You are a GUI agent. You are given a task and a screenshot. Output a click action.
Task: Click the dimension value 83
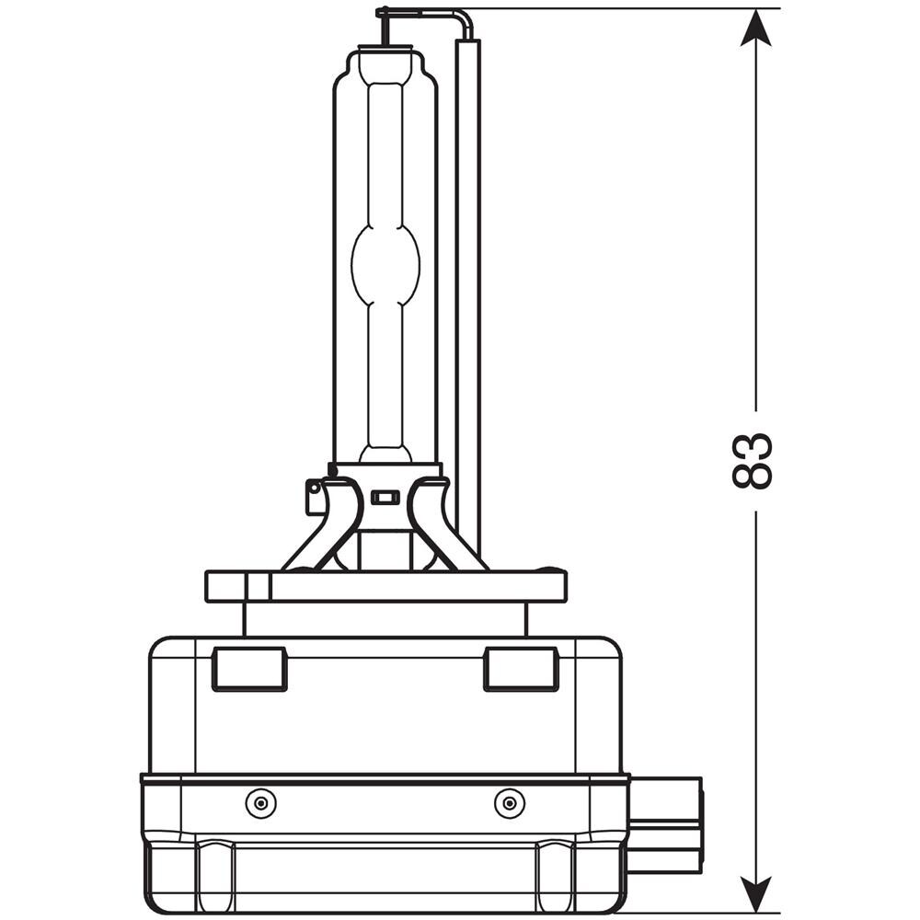[x=753, y=461]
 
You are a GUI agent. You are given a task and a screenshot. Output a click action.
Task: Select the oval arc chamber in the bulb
[x=385, y=264]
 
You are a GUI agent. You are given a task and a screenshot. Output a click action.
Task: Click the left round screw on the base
[x=261, y=802]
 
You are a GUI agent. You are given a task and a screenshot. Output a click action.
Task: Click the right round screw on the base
[x=510, y=802]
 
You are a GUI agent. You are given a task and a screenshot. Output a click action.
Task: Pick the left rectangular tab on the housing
[x=249, y=669]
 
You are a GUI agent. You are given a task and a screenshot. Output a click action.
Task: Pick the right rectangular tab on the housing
[x=521, y=669]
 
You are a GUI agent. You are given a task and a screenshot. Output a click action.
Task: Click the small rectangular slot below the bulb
[x=385, y=498]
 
